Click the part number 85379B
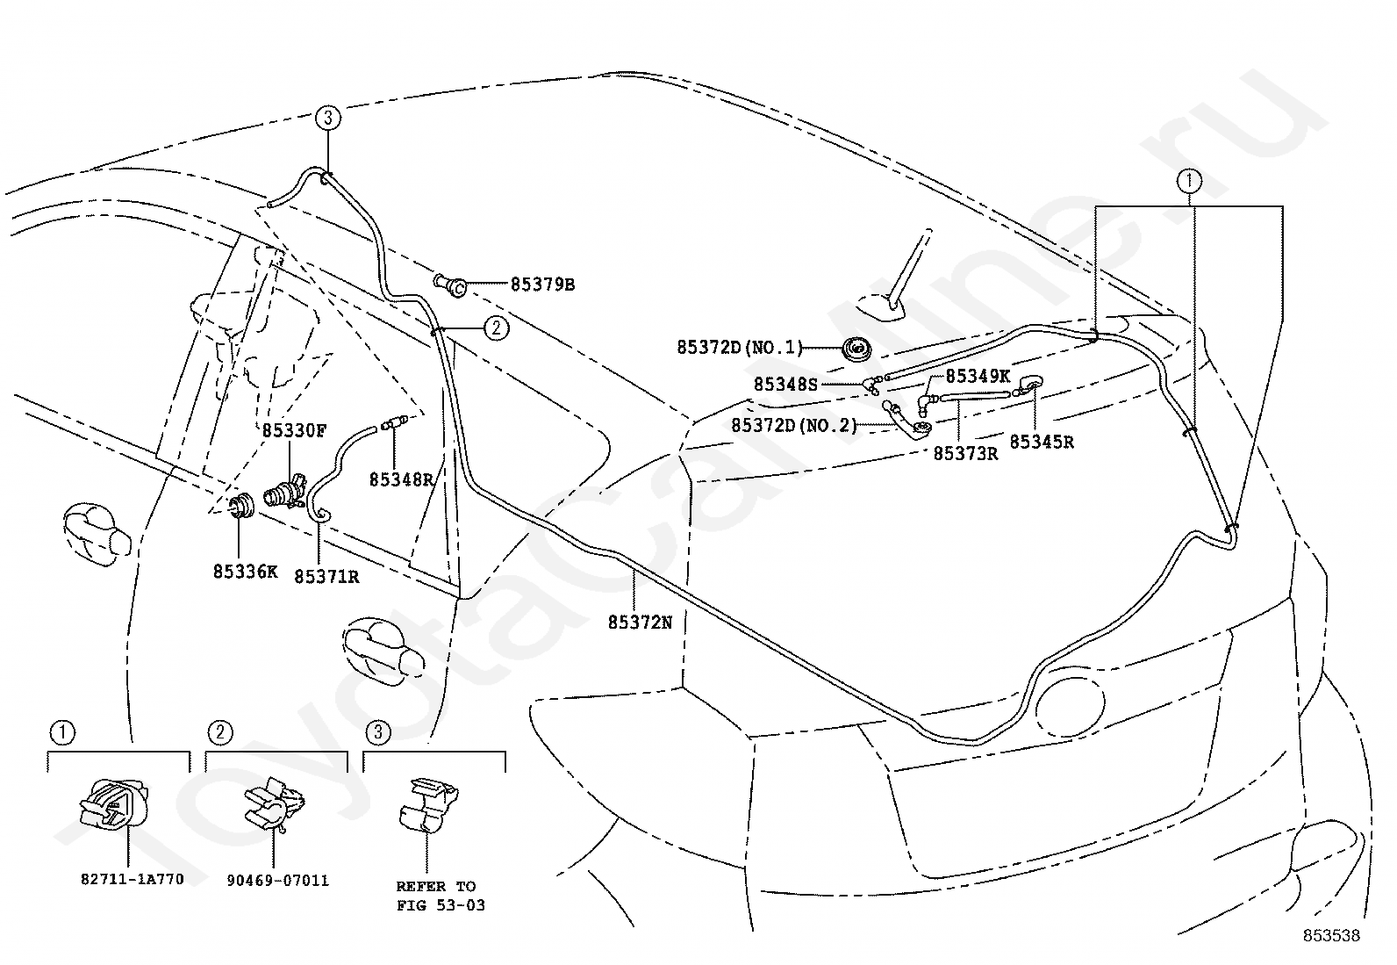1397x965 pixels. pyautogui.click(x=542, y=284)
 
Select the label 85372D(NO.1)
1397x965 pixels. pyautogui.click(x=740, y=348)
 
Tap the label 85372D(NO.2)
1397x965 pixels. pyautogui.click(x=794, y=425)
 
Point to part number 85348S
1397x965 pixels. pyautogui.click(x=785, y=384)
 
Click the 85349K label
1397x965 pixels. pyautogui.click(x=978, y=376)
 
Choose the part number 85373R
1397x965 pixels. pyautogui.click(x=965, y=453)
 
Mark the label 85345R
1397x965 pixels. pyautogui.click(x=1042, y=443)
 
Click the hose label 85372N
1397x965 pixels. pyautogui.click(x=640, y=622)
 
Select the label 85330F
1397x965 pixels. pyautogui.click(x=294, y=430)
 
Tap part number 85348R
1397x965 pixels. pyautogui.click(x=401, y=479)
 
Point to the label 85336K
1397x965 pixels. pyautogui.click(x=245, y=572)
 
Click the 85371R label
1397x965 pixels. pyautogui.click(x=326, y=577)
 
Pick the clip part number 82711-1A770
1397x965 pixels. pyautogui.click(x=132, y=879)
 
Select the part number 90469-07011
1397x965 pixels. pyautogui.click(x=277, y=880)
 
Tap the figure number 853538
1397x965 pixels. pyautogui.click(x=1330, y=936)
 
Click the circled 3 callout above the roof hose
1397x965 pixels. pyautogui.click(x=327, y=118)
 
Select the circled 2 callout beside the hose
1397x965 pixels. pyautogui.click(x=496, y=328)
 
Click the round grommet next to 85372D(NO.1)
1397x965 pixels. pyautogui.click(x=857, y=349)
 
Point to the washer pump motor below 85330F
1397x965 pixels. pyautogui.click(x=285, y=493)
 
